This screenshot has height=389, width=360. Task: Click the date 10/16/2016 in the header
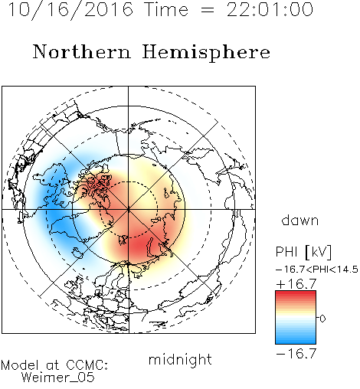pyautogui.click(x=70, y=10)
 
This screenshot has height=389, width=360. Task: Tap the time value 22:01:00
pyautogui.click(x=270, y=9)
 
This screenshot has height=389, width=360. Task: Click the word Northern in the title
pyautogui.click(x=82, y=52)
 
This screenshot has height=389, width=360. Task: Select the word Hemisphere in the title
pyautogui.click(x=206, y=53)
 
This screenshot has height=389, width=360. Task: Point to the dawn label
pyautogui.click(x=300, y=220)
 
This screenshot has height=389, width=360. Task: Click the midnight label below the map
pyautogui.click(x=180, y=359)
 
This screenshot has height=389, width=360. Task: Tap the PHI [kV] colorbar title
pyautogui.click(x=303, y=252)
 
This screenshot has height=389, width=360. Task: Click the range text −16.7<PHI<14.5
pyautogui.click(x=317, y=270)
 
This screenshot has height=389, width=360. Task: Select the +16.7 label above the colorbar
pyautogui.click(x=296, y=284)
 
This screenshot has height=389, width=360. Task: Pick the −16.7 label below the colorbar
pyautogui.click(x=296, y=354)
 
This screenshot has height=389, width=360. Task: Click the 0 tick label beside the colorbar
pyautogui.click(x=322, y=319)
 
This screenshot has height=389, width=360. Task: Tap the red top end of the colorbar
pyautogui.click(x=296, y=293)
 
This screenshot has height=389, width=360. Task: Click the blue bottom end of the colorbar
pyautogui.click(x=296, y=342)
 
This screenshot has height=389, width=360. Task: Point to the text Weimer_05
pyautogui.click(x=58, y=377)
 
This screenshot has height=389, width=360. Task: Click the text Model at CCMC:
pyautogui.click(x=54, y=365)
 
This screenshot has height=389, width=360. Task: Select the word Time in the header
pyautogui.click(x=166, y=9)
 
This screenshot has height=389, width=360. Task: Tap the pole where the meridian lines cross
pyautogui.click(x=129, y=209)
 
